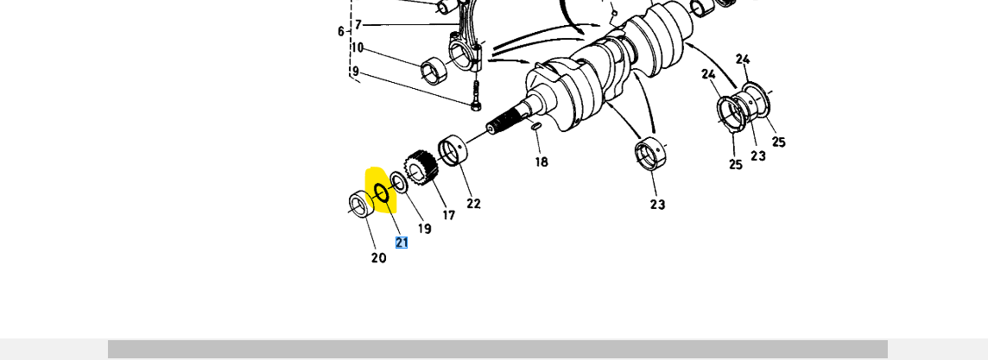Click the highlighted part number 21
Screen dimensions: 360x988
pyautogui.click(x=402, y=243)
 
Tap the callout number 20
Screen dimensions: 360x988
pyautogui.click(x=378, y=257)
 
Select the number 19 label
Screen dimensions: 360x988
pyautogui.click(x=424, y=229)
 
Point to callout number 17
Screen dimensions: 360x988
pyautogui.click(x=448, y=215)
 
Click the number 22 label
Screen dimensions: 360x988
pyautogui.click(x=473, y=204)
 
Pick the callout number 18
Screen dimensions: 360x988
pyautogui.click(x=541, y=161)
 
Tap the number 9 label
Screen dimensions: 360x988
pyautogui.click(x=354, y=71)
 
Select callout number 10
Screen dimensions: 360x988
pyautogui.click(x=357, y=48)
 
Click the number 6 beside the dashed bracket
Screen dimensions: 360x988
pyautogui.click(x=341, y=32)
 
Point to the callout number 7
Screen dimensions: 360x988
pyautogui.click(x=358, y=25)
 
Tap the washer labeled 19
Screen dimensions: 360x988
pyautogui.click(x=399, y=181)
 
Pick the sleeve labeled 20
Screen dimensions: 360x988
pyautogui.click(x=359, y=205)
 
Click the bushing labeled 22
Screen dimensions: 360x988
pyautogui.click(x=453, y=152)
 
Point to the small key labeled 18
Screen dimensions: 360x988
pyautogui.click(x=536, y=127)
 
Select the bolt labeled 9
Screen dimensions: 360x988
pyautogui.click(x=474, y=94)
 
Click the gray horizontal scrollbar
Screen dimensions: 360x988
pyautogui.click(x=497, y=349)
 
